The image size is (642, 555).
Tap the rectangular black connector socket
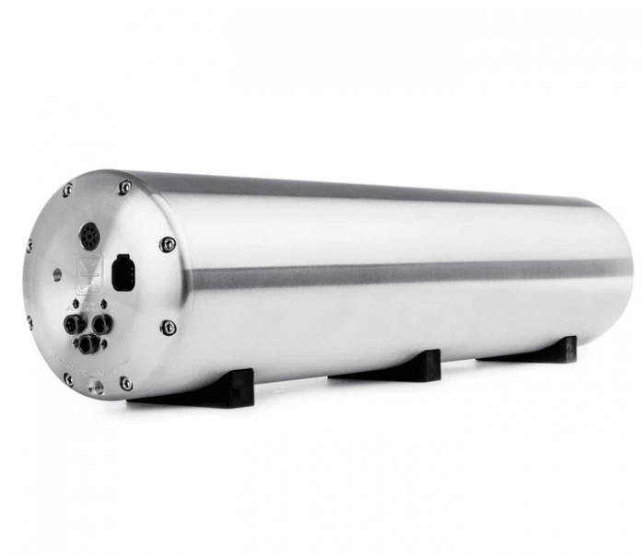click(121, 272)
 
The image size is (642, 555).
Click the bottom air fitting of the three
click(87, 344)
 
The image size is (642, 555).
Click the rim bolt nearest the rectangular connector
click(168, 244)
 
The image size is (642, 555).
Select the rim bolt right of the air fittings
click(169, 327)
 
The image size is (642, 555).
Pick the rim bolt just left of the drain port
click(68, 378)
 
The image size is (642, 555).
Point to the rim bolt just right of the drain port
click(126, 383)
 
